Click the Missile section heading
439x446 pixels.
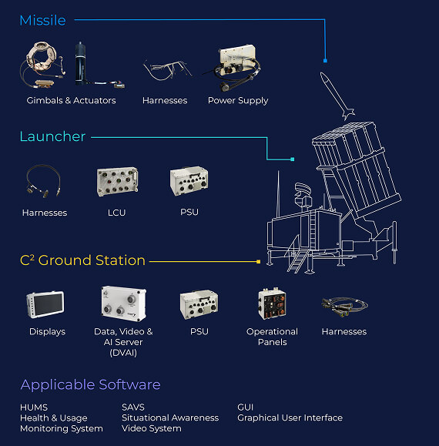[42, 21]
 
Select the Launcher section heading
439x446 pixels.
[52, 136]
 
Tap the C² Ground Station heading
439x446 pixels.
[82, 260]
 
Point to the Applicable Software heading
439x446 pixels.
[90, 385]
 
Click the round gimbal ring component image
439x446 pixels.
[42, 64]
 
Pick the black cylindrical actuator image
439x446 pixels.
[81, 63]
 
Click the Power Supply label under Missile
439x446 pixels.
[238, 101]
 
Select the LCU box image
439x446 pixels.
[117, 182]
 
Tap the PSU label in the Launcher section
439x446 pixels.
[189, 212]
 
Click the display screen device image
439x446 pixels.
[45, 304]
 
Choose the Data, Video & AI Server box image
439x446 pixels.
[124, 303]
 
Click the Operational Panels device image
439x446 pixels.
[272, 303]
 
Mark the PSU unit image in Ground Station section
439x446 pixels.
[199, 304]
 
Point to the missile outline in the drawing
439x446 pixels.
[337, 96]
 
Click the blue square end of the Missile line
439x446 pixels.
[325, 61]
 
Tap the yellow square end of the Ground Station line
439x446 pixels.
[259, 261]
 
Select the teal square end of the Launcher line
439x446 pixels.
[293, 159]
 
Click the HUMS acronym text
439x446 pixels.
[34, 407]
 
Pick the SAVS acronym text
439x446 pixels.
[133, 407]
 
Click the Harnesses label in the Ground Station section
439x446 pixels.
[344, 332]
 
